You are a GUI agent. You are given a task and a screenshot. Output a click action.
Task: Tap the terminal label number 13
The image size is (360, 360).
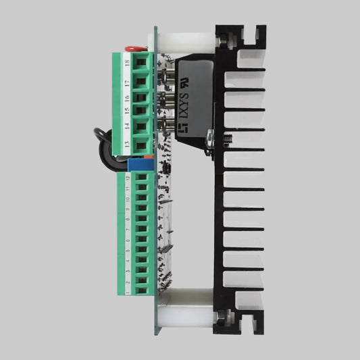[x=126, y=145]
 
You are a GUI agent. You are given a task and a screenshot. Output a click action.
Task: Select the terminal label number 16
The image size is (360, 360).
[x=126, y=97]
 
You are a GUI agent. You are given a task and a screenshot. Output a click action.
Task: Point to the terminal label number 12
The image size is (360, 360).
[x=127, y=177]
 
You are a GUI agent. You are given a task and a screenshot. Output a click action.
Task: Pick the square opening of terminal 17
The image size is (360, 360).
[x=140, y=82]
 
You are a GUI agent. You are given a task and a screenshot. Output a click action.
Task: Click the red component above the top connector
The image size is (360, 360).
[x=132, y=49]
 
